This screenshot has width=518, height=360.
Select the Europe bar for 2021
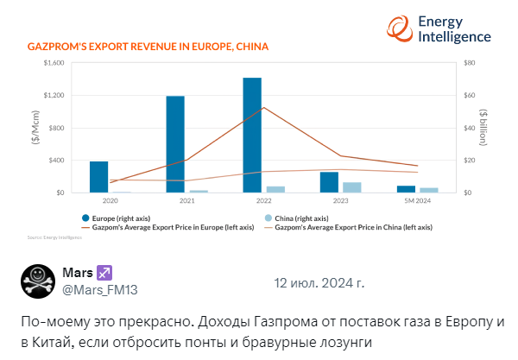point(175,144)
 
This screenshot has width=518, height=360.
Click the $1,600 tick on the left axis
point(53,63)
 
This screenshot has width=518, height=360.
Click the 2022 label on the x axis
point(263,199)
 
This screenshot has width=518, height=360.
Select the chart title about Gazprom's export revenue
point(148,46)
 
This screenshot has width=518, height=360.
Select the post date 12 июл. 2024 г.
point(319,282)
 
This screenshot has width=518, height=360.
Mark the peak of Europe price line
point(263,107)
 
